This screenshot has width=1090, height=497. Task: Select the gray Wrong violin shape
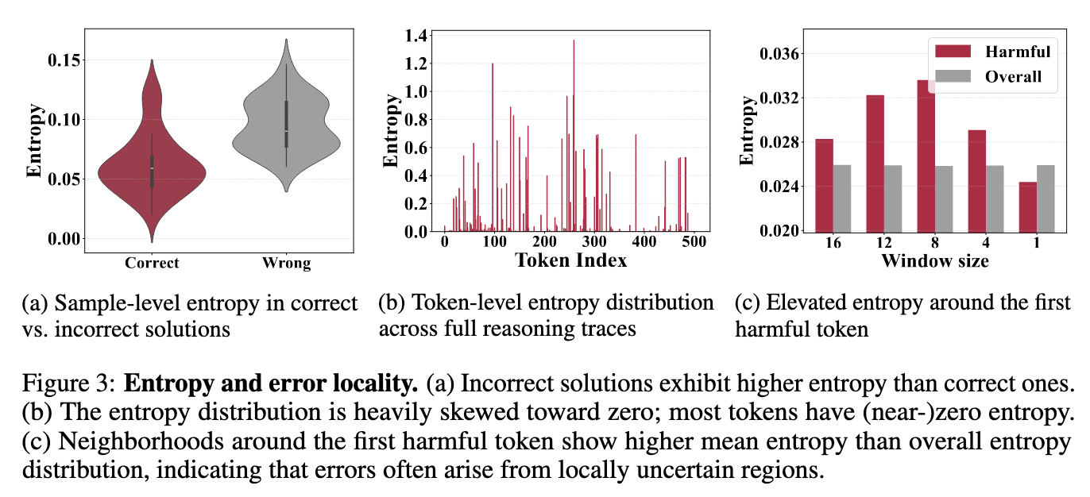pyautogui.click(x=286, y=127)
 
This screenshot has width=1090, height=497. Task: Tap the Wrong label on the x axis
pyautogui.click(x=287, y=263)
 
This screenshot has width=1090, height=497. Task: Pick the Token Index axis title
pyautogui.click(x=570, y=260)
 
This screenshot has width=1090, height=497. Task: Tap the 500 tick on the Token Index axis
pyautogui.click(x=694, y=242)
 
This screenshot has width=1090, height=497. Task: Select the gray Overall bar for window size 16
pyautogui.click(x=841, y=198)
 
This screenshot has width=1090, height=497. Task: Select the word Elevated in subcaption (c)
pyautogui.click(x=800, y=302)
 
